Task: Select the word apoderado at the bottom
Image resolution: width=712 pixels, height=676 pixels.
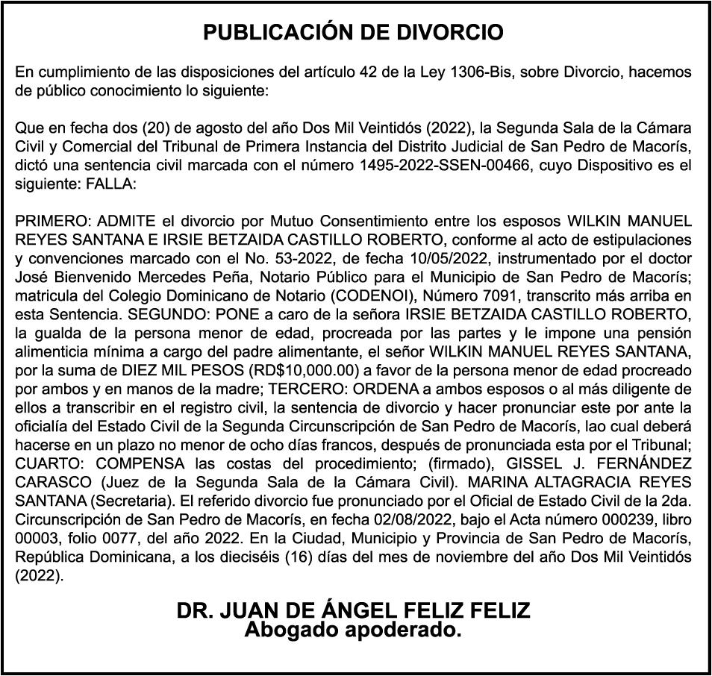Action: [x=403, y=630]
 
